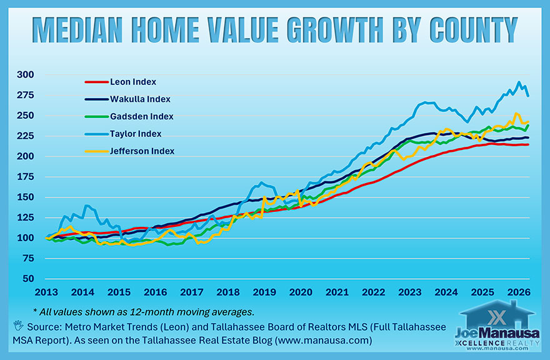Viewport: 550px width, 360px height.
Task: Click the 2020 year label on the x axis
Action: pos(301,292)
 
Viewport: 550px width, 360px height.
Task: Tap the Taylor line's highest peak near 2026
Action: pos(518,82)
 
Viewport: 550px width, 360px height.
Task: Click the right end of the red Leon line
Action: pos(529,144)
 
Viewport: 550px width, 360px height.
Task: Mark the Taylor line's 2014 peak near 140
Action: pos(86,206)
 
